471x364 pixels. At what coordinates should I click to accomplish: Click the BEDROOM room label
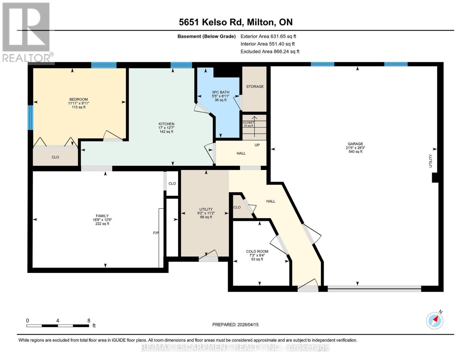(79, 99)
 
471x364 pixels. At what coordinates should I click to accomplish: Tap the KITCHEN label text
(166, 124)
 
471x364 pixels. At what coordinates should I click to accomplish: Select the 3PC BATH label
(220, 92)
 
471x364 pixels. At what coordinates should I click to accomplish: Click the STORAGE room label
(255, 86)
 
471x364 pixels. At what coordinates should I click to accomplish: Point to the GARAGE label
(355, 144)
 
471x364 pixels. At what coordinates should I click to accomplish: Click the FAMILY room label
(102, 216)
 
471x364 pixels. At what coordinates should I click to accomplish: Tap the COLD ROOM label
(257, 251)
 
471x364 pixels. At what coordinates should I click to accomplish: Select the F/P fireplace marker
(156, 233)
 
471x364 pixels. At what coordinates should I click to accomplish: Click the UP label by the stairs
(257, 145)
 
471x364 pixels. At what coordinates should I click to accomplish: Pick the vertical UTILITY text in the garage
(430, 161)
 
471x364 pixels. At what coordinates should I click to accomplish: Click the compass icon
(435, 320)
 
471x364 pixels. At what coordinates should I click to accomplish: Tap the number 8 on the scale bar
(89, 320)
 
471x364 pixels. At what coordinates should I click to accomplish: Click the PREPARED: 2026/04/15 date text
(235, 325)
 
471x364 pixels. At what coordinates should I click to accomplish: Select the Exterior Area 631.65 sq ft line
(268, 36)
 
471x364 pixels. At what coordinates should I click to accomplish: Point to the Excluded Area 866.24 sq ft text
(270, 52)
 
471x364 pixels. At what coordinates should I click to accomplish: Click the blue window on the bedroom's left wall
(30, 117)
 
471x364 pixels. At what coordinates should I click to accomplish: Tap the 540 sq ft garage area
(355, 152)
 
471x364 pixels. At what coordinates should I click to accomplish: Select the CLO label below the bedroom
(55, 157)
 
